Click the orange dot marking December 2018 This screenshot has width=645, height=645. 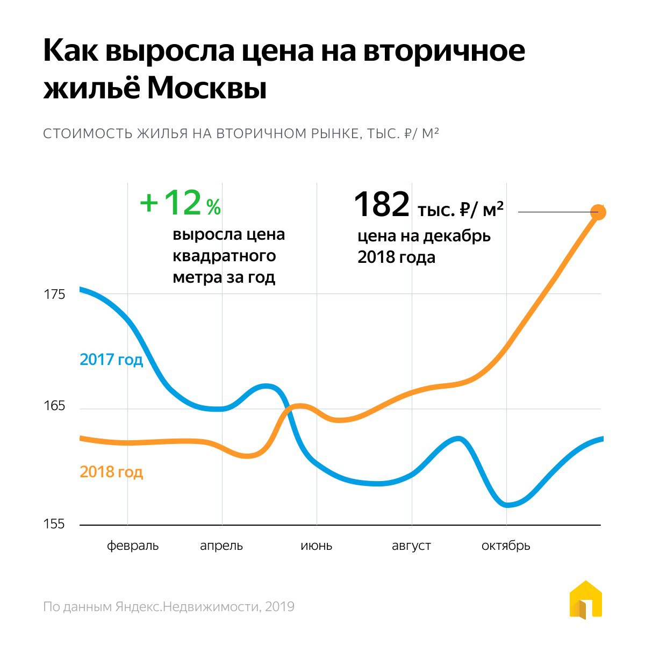tap(598, 212)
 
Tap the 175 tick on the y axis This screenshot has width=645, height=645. tap(54, 295)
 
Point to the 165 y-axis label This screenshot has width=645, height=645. tap(54, 406)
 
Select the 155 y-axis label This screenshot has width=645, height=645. tap(54, 524)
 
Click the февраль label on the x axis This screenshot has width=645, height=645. tap(133, 546)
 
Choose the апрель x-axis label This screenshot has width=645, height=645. tap(221, 546)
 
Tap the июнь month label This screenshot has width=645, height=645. tap(316, 546)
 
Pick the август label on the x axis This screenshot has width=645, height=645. tap(411, 546)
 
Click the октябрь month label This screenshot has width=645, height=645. tap(506, 546)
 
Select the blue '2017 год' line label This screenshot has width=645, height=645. tap(111, 359)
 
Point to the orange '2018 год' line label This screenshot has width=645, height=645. tap(111, 472)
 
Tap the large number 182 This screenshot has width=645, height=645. tap(382, 205)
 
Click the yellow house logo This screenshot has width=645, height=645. tap(585, 599)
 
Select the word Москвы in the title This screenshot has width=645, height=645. tap(207, 89)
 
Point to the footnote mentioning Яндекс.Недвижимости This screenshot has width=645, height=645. tap(169, 607)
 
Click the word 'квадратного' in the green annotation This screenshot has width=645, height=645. tap(224, 256)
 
